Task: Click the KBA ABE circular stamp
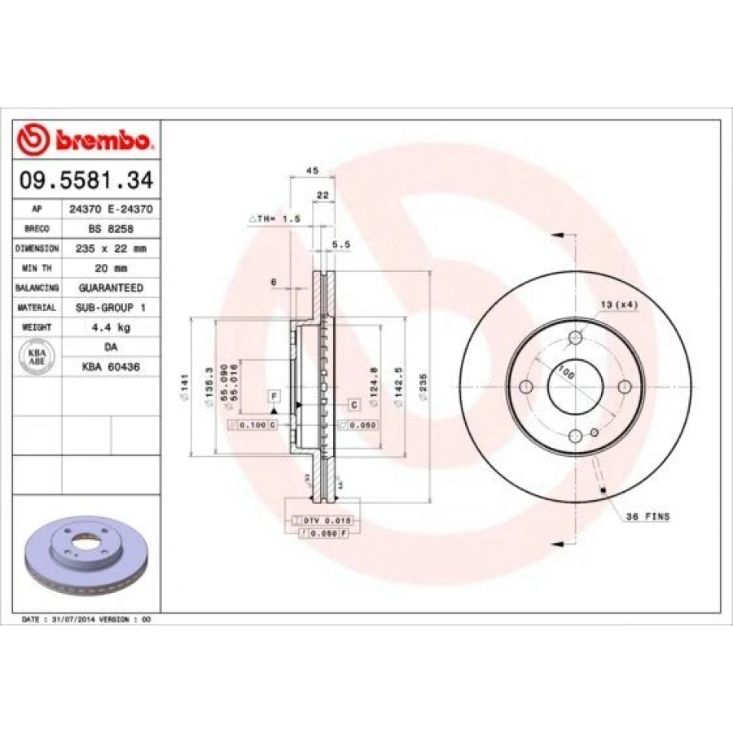click(x=37, y=357)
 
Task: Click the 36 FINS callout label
click(x=647, y=516)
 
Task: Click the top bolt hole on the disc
click(x=576, y=337)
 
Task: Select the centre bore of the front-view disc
click(x=575, y=386)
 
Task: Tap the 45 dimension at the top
click(x=311, y=170)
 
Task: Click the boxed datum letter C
click(x=354, y=405)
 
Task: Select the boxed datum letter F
click(x=274, y=396)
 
